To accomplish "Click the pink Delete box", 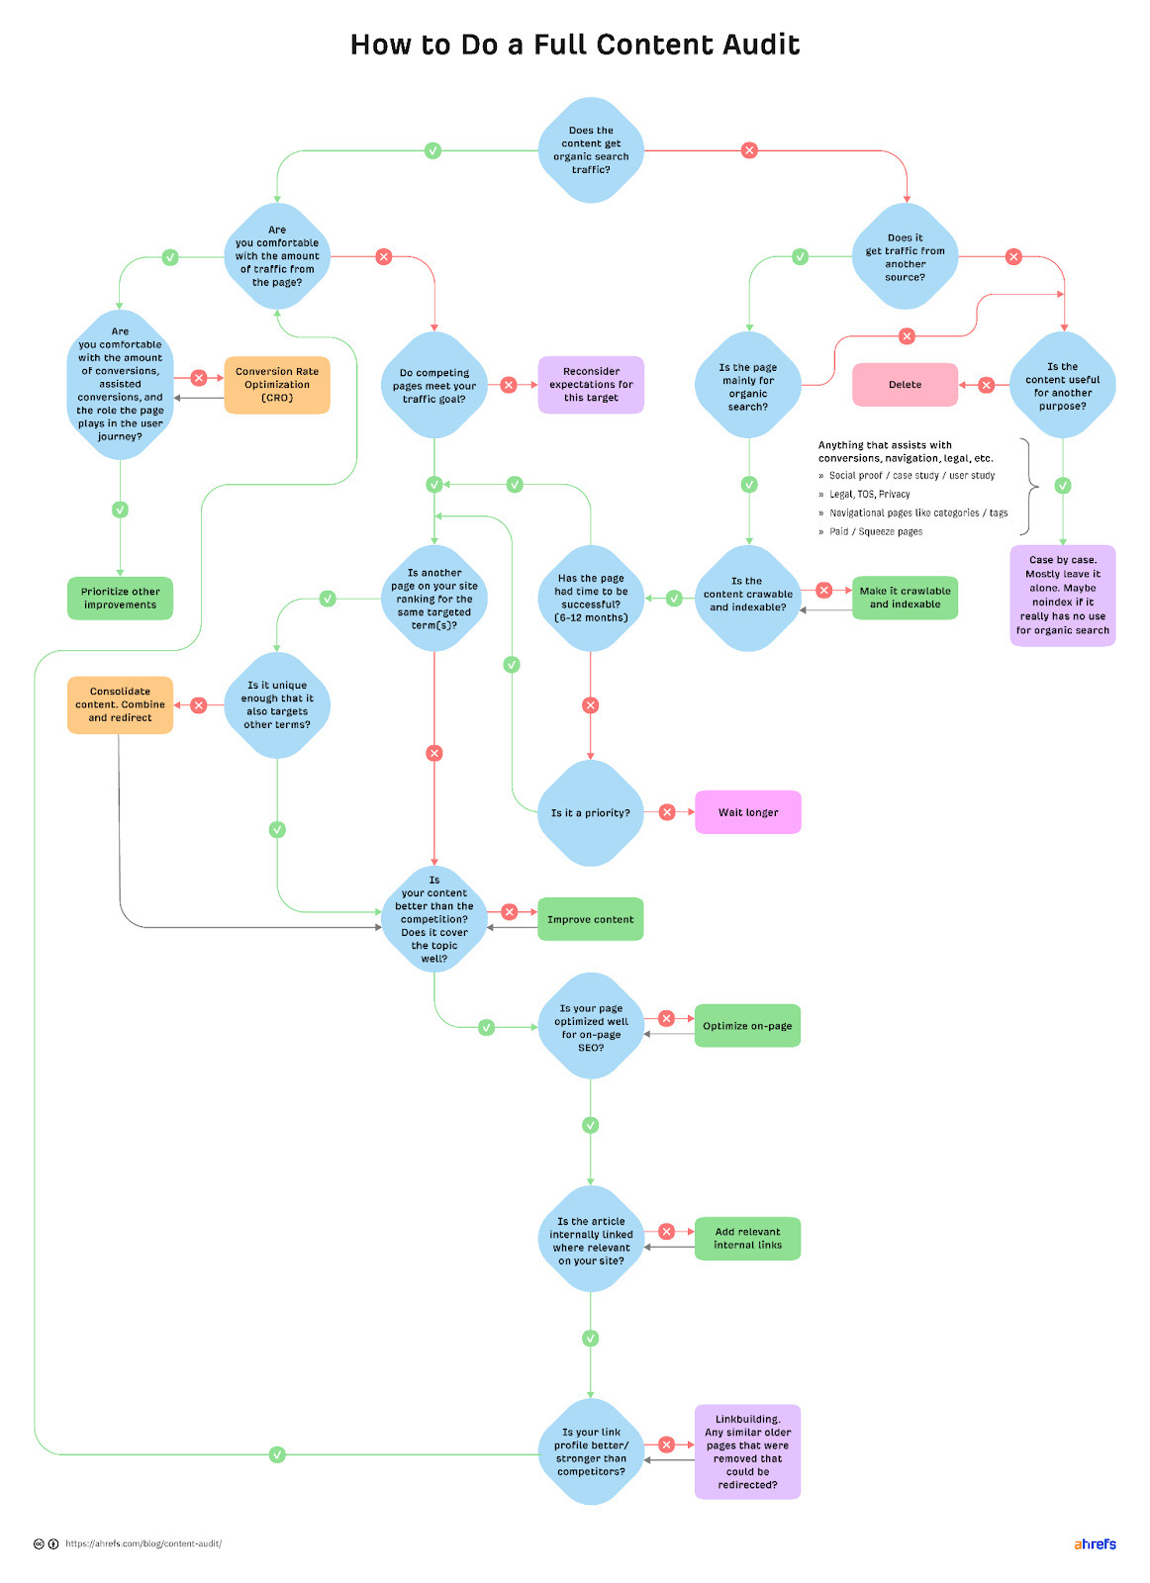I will click(905, 385).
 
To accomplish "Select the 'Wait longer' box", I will click(748, 812).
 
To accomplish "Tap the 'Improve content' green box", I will click(590, 919).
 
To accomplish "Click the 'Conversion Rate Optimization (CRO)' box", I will click(277, 385).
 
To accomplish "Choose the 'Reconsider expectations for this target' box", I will click(591, 385).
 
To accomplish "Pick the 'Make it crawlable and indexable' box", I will click(905, 598).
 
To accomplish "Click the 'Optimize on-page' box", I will click(747, 1026).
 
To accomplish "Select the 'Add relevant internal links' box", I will click(747, 1239).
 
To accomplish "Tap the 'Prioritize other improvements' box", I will click(120, 599).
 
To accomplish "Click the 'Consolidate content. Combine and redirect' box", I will click(120, 704).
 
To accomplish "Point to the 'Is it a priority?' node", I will click(591, 812).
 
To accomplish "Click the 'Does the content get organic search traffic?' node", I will click(591, 150).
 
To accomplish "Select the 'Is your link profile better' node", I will click(591, 1451).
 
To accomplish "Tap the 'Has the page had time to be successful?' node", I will click(591, 598).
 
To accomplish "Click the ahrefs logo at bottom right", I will click(1095, 1543).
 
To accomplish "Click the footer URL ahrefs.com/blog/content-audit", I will click(144, 1543).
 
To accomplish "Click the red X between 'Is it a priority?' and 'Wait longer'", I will click(667, 812).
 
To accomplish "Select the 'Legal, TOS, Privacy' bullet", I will click(869, 494).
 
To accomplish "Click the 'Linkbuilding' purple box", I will click(747, 1451).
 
